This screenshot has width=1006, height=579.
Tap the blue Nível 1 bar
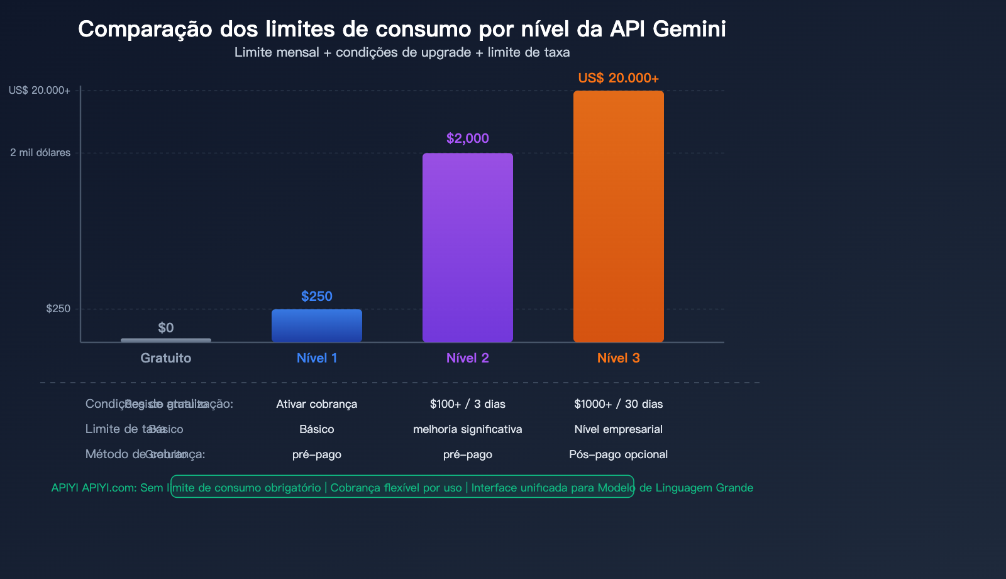[316, 325]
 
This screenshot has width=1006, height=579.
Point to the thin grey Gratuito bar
[166, 340]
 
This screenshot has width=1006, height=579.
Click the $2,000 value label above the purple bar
[467, 138]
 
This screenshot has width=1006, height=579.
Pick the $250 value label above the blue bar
[316, 296]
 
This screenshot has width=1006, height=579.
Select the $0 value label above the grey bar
[166, 328]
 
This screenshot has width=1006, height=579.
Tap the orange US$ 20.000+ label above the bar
[618, 78]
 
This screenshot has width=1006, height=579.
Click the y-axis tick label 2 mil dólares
[40, 153]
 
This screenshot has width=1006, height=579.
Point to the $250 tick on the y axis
[58, 309]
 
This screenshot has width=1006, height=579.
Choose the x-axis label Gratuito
[166, 358]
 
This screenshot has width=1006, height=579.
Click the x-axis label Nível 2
[467, 358]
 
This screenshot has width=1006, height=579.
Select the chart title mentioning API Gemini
[402, 29]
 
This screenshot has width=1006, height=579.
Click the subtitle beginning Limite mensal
[402, 52]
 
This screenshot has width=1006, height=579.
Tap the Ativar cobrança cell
[316, 404]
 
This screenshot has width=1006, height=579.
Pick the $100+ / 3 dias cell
[467, 404]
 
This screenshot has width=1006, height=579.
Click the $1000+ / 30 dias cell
[618, 404]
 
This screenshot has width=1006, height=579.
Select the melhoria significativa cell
[467, 429]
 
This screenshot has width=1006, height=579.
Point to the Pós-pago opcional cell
[618, 454]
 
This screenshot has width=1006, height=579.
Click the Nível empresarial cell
[618, 429]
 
